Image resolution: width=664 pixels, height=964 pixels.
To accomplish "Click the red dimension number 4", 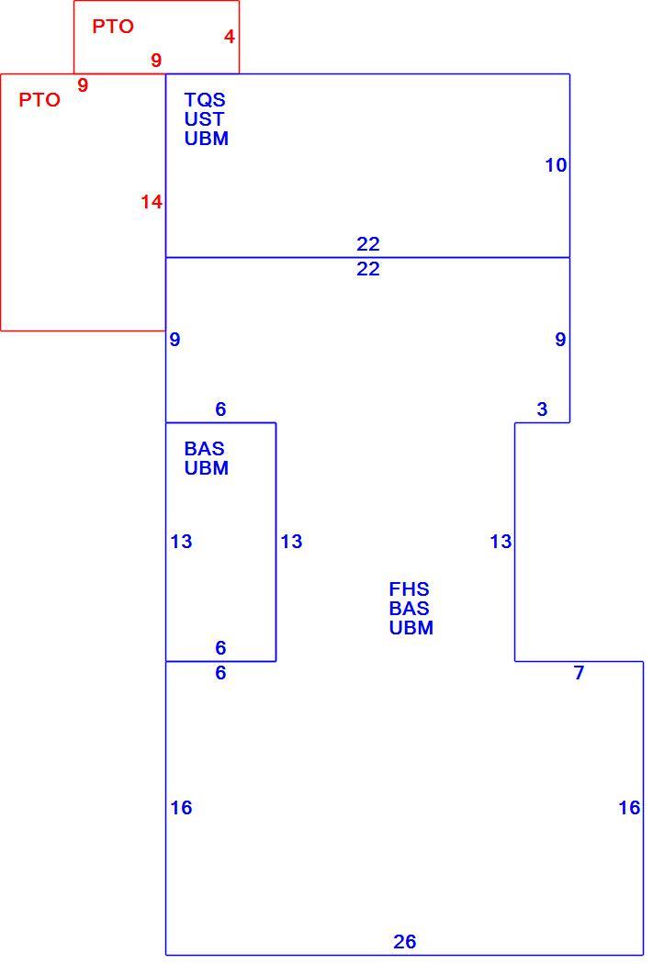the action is point(230,37).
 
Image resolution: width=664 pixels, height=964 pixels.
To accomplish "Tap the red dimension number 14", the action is point(152,202).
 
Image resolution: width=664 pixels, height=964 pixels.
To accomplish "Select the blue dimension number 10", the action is point(556,164).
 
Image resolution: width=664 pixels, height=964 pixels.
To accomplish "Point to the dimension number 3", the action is point(542,409).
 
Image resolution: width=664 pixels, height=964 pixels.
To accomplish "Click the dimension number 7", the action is point(579,673).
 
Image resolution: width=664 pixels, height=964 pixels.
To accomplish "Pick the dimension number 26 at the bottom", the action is point(404,941).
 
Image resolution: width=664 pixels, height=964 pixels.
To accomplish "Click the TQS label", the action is point(205,99).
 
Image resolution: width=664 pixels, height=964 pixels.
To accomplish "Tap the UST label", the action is point(204,118).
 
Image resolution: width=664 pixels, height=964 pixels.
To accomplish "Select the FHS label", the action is point(409,589).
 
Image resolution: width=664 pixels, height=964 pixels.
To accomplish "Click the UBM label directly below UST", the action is point(207,139).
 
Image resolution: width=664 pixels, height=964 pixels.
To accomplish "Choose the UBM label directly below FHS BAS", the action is point(411,628).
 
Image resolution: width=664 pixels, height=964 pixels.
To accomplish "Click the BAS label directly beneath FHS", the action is point(409,609).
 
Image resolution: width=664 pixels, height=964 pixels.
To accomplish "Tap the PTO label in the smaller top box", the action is point(113,26).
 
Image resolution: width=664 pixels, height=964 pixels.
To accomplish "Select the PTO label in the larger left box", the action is point(39,99).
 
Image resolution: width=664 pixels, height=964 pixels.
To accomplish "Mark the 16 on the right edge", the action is point(630,807).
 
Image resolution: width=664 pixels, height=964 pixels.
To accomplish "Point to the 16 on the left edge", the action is point(181,807).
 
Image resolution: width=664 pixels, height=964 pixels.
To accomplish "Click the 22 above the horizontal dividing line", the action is point(368,244).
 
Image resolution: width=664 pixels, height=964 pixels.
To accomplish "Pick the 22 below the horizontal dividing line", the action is point(368,269).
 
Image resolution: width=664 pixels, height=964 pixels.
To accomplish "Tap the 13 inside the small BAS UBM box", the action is point(181,541).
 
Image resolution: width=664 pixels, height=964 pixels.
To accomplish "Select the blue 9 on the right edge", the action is point(560,340).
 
